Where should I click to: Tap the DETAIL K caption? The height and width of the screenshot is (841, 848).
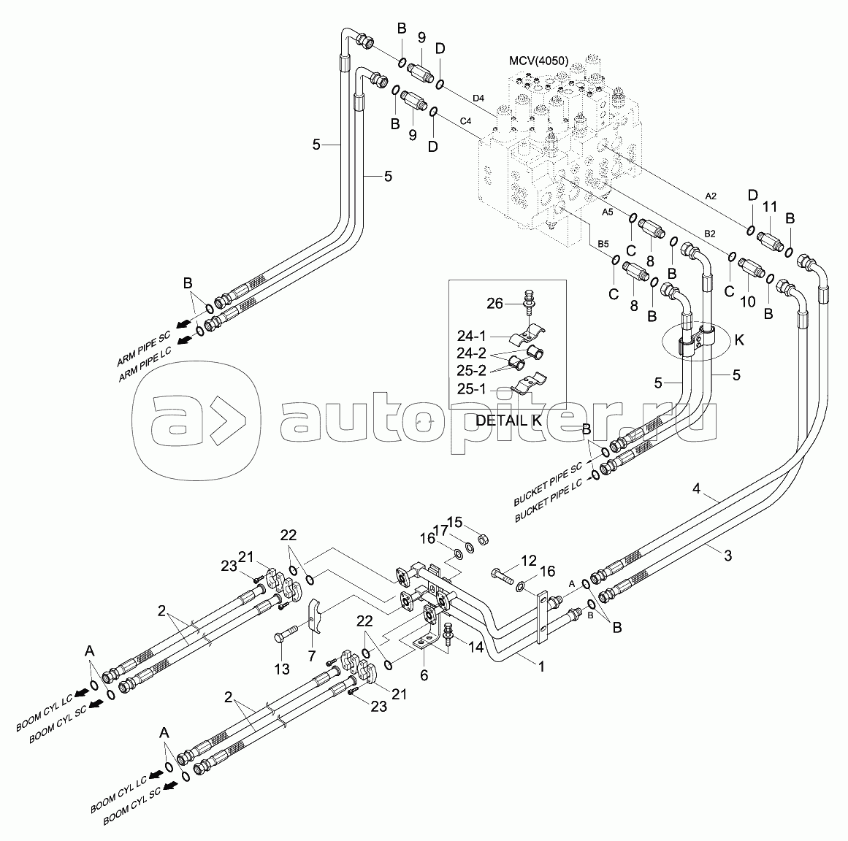pos(508,420)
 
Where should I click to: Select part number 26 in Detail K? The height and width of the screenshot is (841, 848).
pos(494,302)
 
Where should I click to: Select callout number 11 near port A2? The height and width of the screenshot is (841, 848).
pos(770,207)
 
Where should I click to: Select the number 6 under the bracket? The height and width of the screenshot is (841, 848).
pos(423,675)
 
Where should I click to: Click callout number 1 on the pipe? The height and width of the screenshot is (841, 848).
pos(541,667)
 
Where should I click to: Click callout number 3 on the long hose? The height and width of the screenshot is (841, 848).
pos(727,556)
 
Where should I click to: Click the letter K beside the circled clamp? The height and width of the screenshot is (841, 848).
pos(739,339)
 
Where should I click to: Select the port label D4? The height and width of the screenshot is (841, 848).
pos(479,97)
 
